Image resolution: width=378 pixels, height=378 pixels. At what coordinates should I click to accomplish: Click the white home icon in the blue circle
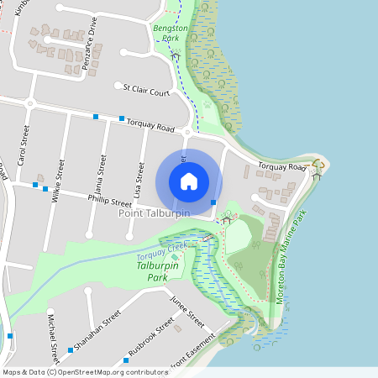tap(189, 181)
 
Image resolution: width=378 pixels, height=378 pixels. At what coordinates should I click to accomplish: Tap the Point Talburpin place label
tap(154, 213)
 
